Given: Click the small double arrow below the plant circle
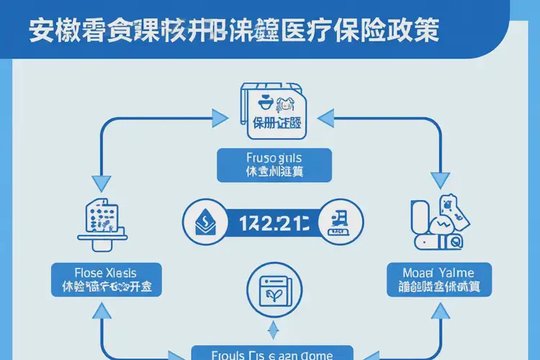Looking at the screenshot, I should click(x=272, y=330).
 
